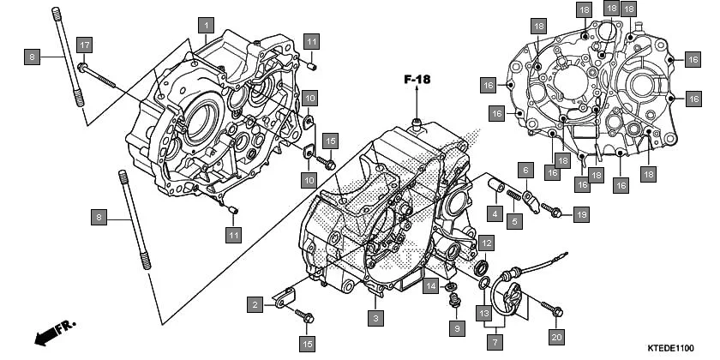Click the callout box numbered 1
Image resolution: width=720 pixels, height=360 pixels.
point(206,25)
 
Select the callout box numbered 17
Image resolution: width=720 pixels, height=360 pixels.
point(84,45)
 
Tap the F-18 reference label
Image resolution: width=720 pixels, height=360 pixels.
point(417,80)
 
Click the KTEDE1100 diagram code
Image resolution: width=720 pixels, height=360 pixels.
point(669,348)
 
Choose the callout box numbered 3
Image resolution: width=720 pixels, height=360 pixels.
point(375,318)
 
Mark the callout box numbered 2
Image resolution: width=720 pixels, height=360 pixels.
point(255,303)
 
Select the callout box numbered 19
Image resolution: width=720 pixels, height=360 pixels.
point(580,213)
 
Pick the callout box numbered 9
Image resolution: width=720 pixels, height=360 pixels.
point(457,327)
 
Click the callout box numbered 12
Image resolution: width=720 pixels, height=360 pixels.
point(485,243)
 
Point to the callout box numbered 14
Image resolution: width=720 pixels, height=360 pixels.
point(431,285)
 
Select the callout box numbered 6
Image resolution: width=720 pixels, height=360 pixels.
point(525,171)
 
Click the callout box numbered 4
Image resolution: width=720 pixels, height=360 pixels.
point(495,213)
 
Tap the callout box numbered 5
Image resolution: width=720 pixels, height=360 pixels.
point(513,221)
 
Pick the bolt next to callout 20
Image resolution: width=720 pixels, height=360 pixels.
point(549,306)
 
